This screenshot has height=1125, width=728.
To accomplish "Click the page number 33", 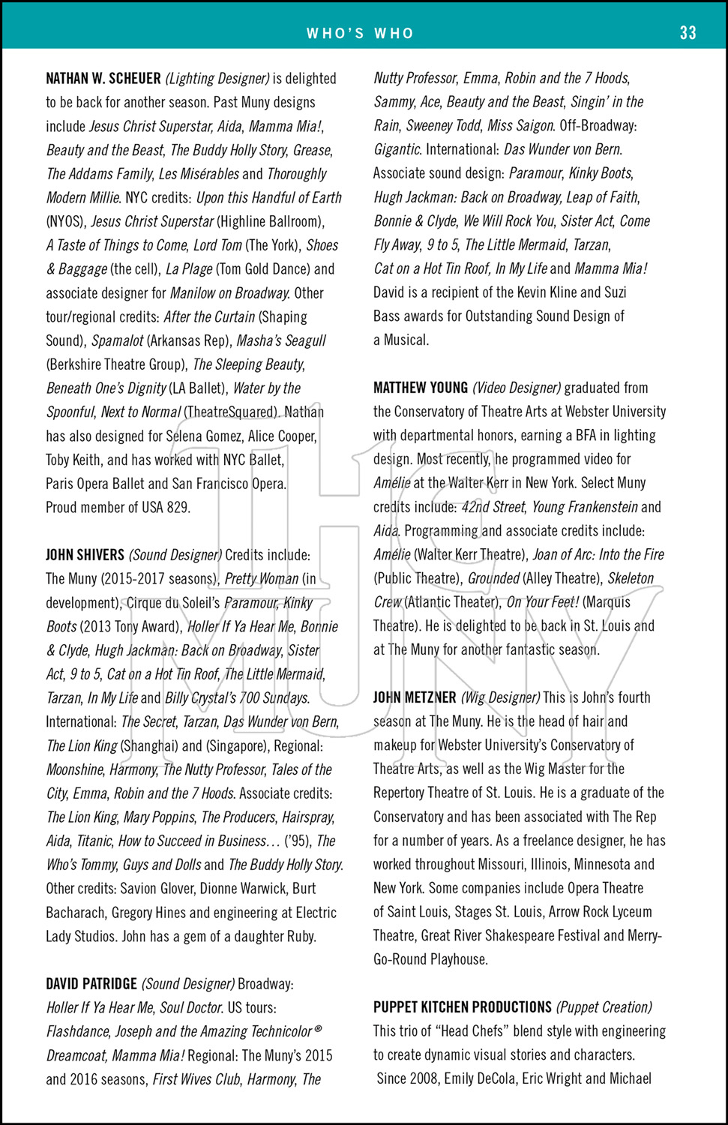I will tap(688, 32).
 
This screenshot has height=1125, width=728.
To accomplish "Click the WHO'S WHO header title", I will tap(360, 33).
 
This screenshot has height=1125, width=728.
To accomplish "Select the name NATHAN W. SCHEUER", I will tap(103, 79).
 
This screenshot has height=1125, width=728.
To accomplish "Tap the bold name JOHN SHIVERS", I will tap(85, 555).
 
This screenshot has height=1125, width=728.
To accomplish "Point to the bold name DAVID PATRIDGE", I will tap(91, 984).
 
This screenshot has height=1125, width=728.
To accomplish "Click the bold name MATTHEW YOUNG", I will tap(421, 388).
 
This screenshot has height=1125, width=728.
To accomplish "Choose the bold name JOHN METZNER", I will tap(415, 697).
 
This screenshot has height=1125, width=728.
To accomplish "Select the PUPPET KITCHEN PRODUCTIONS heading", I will tap(463, 1007).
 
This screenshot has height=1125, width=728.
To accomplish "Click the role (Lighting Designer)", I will tap(217, 79).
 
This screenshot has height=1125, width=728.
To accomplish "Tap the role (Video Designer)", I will tap(517, 388).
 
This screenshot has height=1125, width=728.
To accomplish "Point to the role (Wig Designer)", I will tap(500, 697).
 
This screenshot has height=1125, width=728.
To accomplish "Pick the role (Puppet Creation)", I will tap(604, 1007).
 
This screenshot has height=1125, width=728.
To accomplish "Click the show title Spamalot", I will tap(117, 340).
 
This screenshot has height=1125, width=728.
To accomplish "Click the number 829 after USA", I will tap(178, 508).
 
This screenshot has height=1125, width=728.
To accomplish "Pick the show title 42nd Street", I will tap(493, 507).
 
